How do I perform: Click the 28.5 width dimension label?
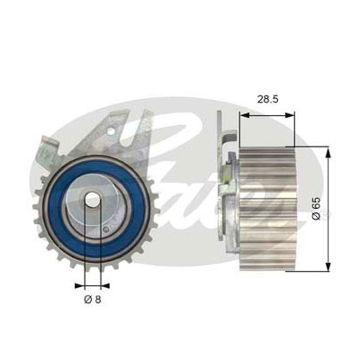[268, 99]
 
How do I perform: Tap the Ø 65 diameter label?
[316, 209]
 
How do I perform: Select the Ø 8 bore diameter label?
[93, 299]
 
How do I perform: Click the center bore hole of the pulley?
[92, 200]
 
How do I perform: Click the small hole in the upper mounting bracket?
[111, 131]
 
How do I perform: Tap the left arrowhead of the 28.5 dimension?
[245, 115]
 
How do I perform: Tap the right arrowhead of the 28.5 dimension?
[290, 115]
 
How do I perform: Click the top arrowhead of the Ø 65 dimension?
[328, 152]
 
